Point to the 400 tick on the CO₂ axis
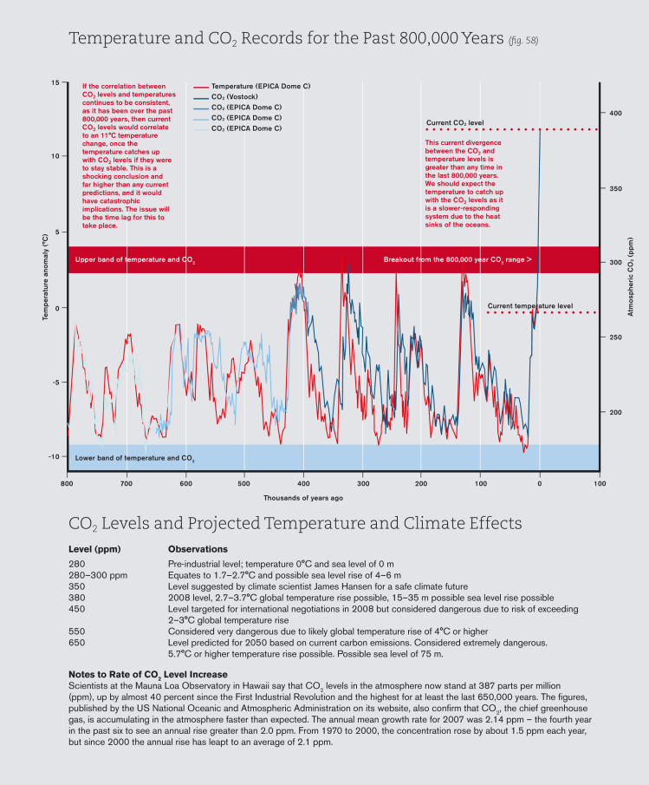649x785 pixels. tap(614, 113)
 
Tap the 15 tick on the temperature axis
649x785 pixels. tap(55, 83)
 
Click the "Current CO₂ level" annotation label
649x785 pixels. tap(454, 123)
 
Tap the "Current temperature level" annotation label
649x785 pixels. tap(529, 306)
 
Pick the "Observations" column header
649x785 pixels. tap(198, 549)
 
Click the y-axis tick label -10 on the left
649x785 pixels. tap(53, 456)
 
